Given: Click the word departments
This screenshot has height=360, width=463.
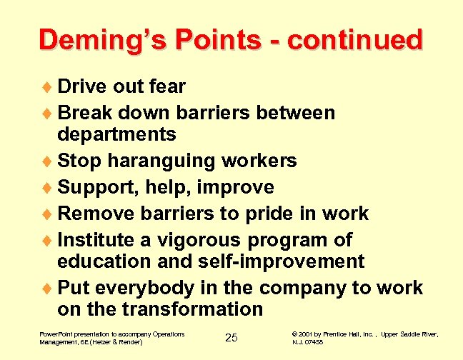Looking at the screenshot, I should coord(116,134).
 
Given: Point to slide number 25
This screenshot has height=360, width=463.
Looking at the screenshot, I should coord(231,338).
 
